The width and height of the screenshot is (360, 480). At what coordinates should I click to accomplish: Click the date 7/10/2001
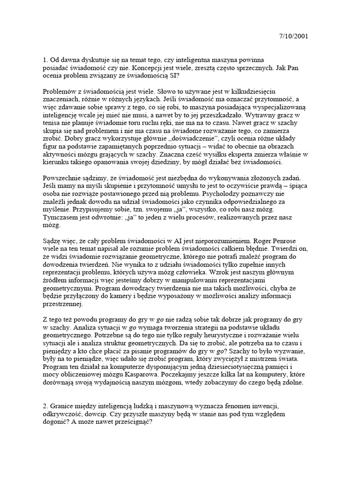(x=293, y=36)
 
